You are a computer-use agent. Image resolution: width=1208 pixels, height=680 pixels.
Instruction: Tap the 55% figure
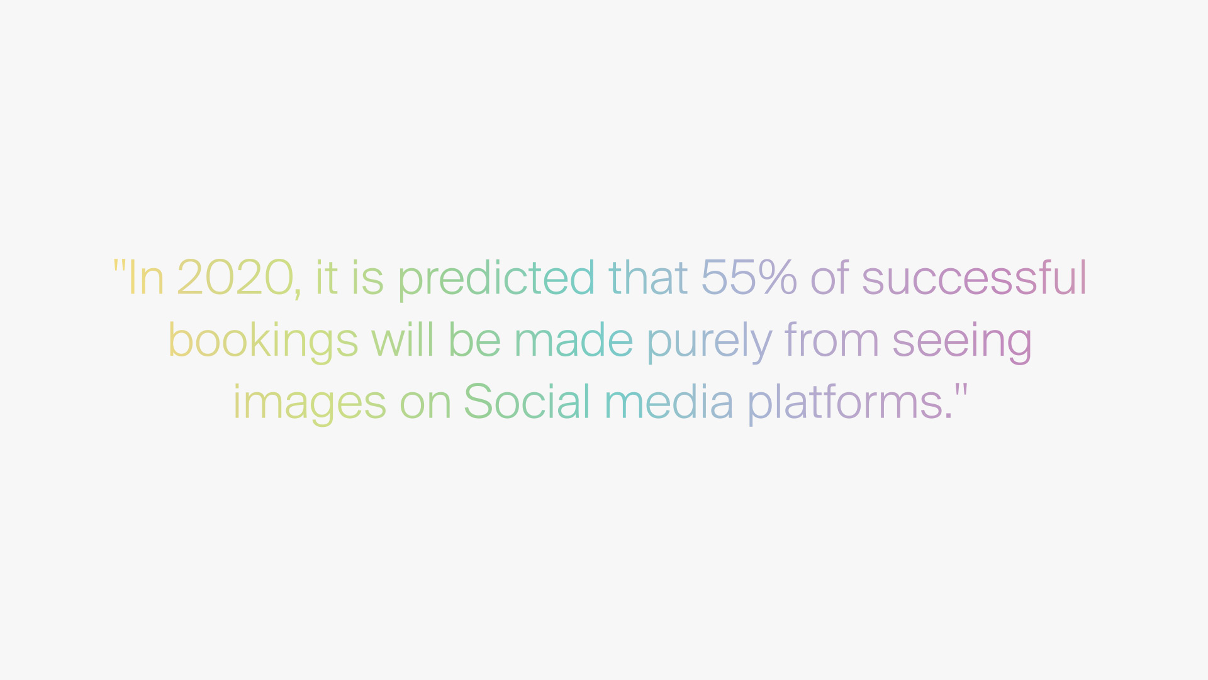point(749,277)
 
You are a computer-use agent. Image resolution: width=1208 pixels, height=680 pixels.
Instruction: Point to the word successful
point(974,277)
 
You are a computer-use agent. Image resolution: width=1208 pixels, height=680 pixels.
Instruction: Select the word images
point(310,404)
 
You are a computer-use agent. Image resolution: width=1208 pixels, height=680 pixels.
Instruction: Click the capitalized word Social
point(527,401)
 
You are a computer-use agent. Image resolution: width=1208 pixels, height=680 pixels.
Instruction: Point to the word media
point(669,401)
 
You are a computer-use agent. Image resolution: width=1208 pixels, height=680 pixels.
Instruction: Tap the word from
point(831,339)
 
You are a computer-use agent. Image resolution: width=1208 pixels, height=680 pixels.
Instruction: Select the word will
point(403,339)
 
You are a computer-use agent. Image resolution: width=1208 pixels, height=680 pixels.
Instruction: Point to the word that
point(648,277)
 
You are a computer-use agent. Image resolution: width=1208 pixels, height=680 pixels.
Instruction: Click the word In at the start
point(146,277)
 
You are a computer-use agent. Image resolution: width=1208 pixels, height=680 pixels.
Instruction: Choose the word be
point(474,339)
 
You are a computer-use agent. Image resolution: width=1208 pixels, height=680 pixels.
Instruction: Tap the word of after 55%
point(829,277)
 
